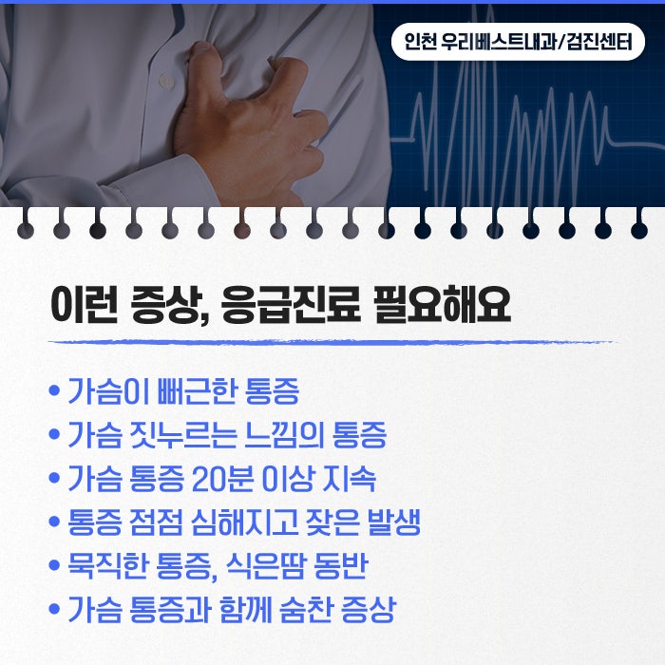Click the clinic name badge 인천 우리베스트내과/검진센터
pos(518,42)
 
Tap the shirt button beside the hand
pos(166,80)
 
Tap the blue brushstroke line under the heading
pos(332,342)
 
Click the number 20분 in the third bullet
pos(222,479)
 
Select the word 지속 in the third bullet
pos(349,479)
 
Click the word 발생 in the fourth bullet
pos(394,522)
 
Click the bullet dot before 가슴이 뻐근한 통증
pos(54,390)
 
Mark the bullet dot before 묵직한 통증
pos(54,565)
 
